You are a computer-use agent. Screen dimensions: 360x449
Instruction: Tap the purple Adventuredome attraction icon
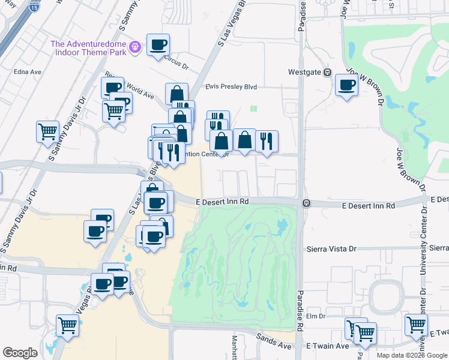(136, 46)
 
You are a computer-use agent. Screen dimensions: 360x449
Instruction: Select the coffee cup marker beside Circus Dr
(158, 45)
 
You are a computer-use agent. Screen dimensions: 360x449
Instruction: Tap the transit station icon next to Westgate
(328, 73)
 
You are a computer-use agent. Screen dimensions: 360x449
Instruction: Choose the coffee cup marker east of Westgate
(346, 85)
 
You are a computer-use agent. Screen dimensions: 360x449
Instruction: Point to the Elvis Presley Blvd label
(231, 87)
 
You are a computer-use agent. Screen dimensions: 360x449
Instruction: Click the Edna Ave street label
(28, 72)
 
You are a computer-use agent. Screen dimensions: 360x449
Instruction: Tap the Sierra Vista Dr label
(331, 248)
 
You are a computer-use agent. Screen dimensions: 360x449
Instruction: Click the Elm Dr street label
(315, 316)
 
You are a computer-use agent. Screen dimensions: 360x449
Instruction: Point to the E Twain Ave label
(328, 346)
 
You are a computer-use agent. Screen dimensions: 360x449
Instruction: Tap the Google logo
(20, 353)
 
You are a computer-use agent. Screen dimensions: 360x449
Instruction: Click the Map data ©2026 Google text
(412, 355)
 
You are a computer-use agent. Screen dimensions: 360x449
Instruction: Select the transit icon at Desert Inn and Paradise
(306, 203)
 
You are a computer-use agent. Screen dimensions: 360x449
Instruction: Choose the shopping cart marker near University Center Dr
(416, 325)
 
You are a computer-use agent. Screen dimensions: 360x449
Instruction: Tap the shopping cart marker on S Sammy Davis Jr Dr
(47, 131)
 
